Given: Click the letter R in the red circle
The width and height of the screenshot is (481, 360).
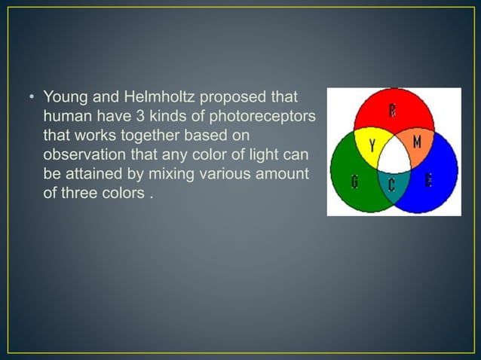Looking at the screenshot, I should (393, 110).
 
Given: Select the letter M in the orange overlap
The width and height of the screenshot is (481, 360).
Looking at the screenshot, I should (417, 142).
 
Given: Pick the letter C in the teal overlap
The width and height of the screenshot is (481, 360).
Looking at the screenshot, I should (392, 184).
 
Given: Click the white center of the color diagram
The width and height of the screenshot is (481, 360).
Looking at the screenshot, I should (394, 159).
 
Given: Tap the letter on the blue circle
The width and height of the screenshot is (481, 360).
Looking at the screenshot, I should (429, 181).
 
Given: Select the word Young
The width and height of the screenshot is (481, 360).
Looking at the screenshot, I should (65, 99).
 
